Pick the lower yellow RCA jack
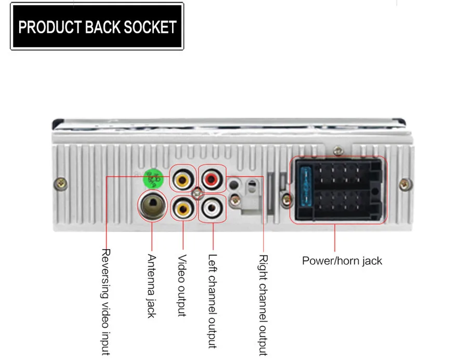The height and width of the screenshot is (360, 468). pyautogui.click(x=183, y=209)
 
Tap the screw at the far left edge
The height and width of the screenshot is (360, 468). pyautogui.click(x=59, y=184)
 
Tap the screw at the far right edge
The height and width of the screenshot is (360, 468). pyautogui.click(x=404, y=184)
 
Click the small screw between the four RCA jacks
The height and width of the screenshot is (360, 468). pyautogui.click(x=198, y=195)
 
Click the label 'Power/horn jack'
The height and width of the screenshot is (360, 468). pyautogui.click(x=342, y=261)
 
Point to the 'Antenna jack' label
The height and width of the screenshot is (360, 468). pyautogui.click(x=152, y=286)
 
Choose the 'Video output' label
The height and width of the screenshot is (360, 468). pyautogui.click(x=182, y=285)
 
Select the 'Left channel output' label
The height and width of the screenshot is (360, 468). pyautogui.click(x=212, y=301)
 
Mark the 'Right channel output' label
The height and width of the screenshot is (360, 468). pyautogui.click(x=263, y=305)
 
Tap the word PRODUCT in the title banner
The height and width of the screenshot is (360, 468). pyautogui.click(x=49, y=27)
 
